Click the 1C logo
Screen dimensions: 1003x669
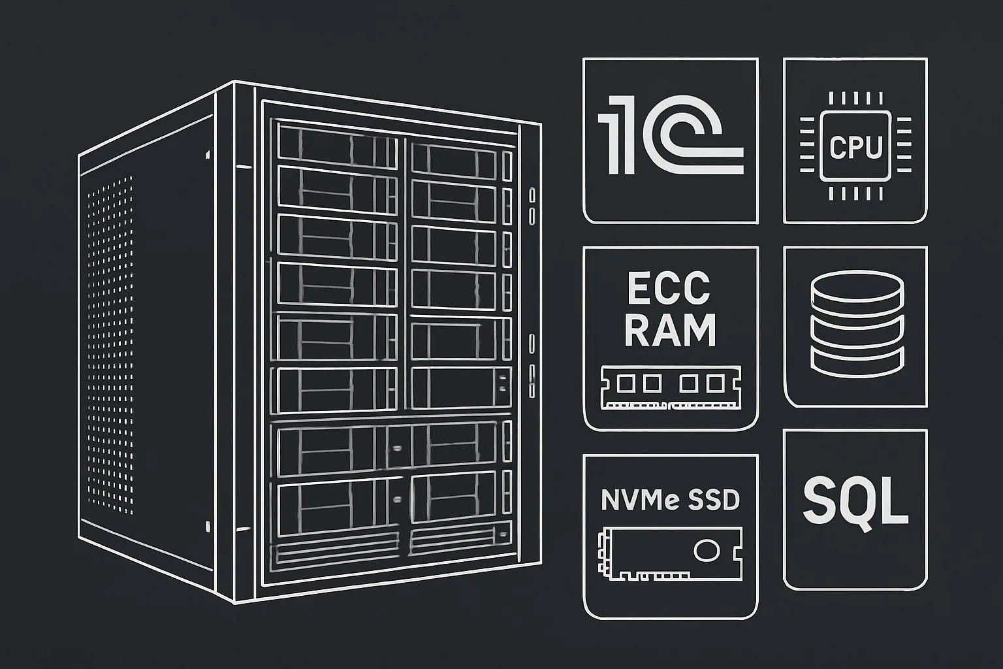[671, 135]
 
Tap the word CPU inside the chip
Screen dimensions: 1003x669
[855, 147]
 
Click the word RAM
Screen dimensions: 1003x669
[671, 330]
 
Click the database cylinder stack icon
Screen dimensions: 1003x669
[857, 323]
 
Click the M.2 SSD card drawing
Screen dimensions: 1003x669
[670, 554]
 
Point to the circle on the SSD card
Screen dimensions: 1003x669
[707, 550]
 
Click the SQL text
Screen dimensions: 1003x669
[855, 502]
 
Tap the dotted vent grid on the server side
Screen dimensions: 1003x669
[110, 345]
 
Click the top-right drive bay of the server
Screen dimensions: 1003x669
[454, 160]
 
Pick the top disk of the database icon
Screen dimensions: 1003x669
[857, 287]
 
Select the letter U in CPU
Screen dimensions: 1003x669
[874, 147]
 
